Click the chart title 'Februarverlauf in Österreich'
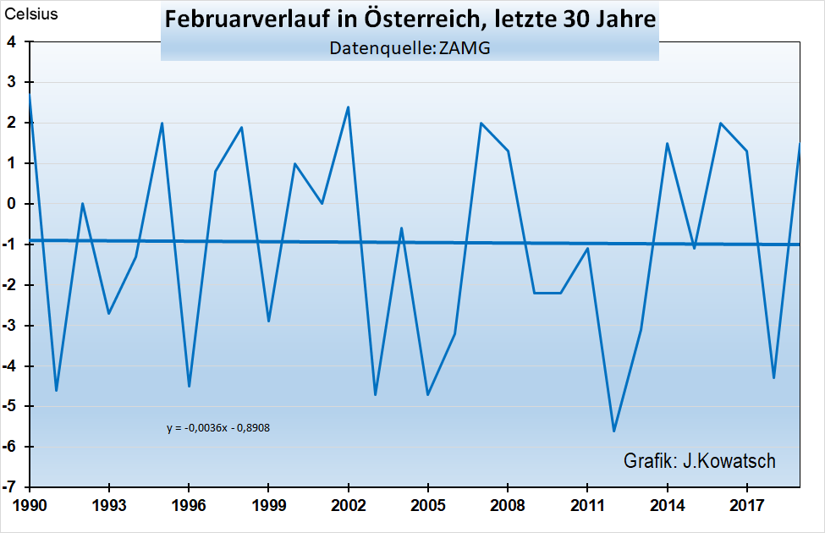pyautogui.click(x=410, y=20)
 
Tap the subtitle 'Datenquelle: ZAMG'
pyautogui.click(x=410, y=48)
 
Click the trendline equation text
pyautogui.click(x=218, y=427)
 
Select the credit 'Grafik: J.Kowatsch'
pyautogui.click(x=699, y=461)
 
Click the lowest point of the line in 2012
pyautogui.click(x=614, y=431)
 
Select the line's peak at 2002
pyautogui.click(x=349, y=107)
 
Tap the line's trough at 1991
pyautogui.click(x=57, y=390)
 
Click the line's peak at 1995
pyautogui.click(x=162, y=123)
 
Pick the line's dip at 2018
pyautogui.click(x=773, y=377)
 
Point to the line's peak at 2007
pyautogui.click(x=481, y=123)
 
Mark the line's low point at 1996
pyautogui.click(x=189, y=386)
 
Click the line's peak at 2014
pyautogui.click(x=668, y=143)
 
